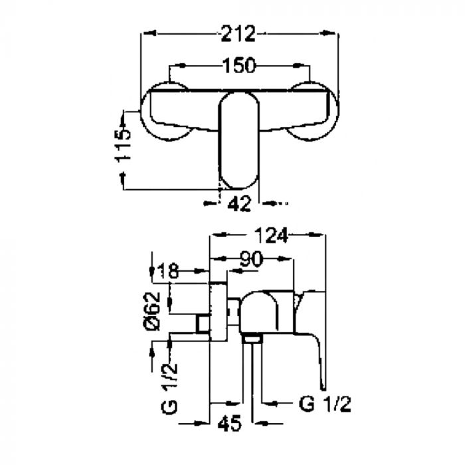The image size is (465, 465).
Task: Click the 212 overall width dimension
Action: [238, 34]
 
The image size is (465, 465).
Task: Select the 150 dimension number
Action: [238, 66]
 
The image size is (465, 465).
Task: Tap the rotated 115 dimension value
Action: [122, 145]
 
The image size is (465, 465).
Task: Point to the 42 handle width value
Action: [239, 204]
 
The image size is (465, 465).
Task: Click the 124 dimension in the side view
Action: [271, 236]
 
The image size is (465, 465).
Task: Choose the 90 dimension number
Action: [252, 259]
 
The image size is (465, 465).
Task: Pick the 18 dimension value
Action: [167, 271]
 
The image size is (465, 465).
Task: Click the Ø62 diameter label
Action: [152, 312]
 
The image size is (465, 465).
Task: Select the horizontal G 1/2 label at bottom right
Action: [325, 404]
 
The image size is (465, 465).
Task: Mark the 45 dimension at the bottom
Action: [229, 423]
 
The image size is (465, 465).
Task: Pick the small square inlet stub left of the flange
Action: [203, 324]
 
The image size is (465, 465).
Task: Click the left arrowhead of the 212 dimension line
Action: [149, 33]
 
